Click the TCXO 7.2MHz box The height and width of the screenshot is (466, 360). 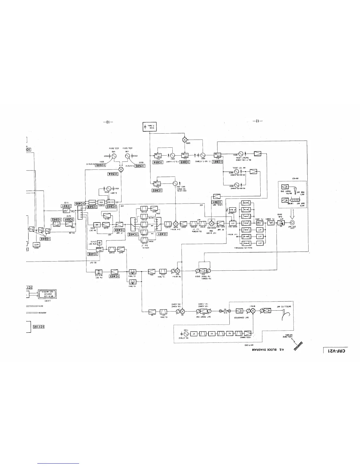click(x=149, y=127)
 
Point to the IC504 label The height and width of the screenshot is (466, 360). click(x=113, y=174)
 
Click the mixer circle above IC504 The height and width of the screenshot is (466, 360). click(x=121, y=169)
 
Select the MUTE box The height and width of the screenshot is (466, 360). click(x=36, y=244)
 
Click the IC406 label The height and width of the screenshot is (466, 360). click(x=94, y=254)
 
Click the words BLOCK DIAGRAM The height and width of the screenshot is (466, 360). click(x=263, y=349)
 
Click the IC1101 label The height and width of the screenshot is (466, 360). click(x=38, y=327)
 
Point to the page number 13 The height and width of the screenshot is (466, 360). click(x=108, y=122)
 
